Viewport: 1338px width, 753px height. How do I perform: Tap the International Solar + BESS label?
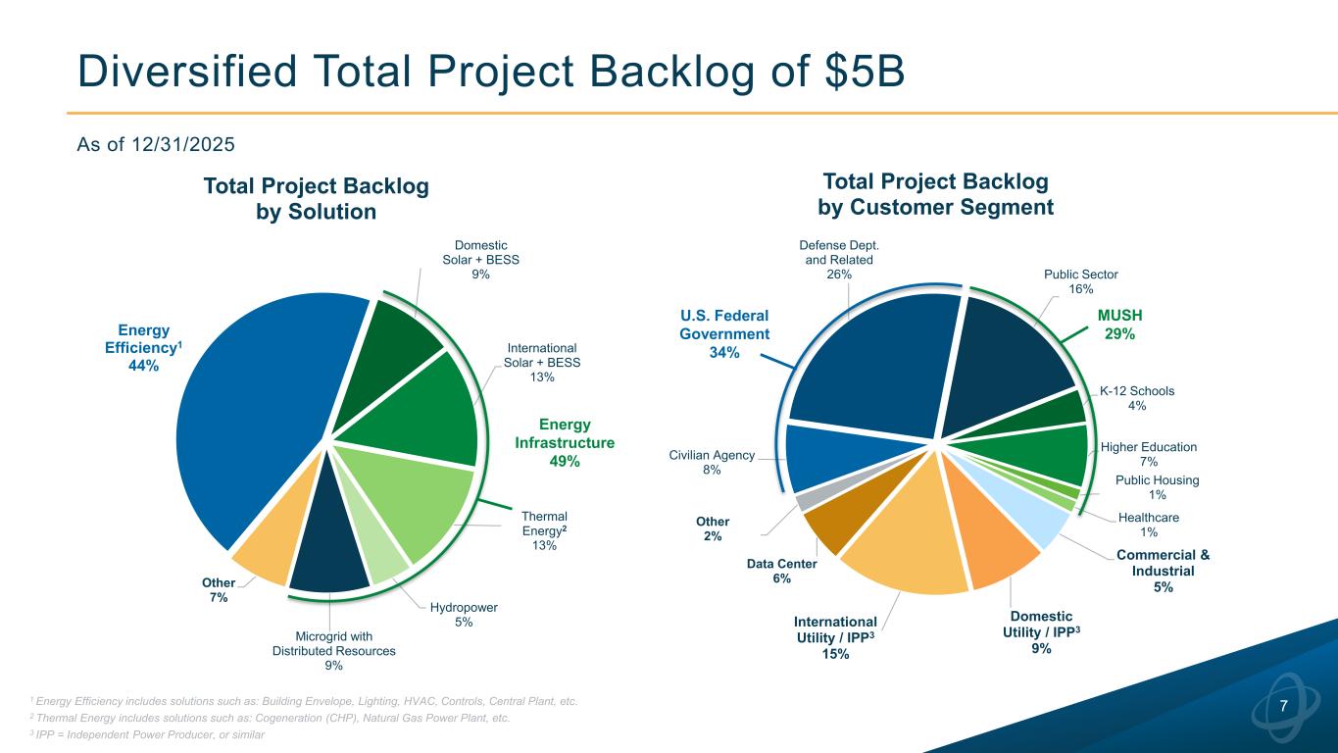(541, 363)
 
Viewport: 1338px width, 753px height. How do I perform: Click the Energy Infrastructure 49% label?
(565, 443)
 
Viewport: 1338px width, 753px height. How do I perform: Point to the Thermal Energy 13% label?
(544, 530)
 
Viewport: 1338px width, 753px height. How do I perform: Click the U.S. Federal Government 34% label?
(724, 334)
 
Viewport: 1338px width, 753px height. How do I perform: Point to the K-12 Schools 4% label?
(1136, 398)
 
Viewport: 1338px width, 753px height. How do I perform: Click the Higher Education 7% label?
(1149, 454)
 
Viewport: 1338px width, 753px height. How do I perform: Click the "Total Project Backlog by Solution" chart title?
(316, 199)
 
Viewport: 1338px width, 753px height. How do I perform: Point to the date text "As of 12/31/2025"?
(156, 145)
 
